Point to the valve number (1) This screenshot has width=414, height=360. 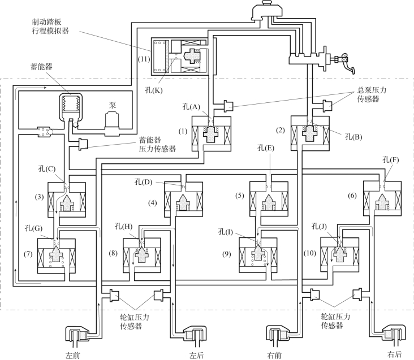point(182,131)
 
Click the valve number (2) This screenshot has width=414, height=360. point(281,131)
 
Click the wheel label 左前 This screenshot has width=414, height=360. point(74,355)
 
